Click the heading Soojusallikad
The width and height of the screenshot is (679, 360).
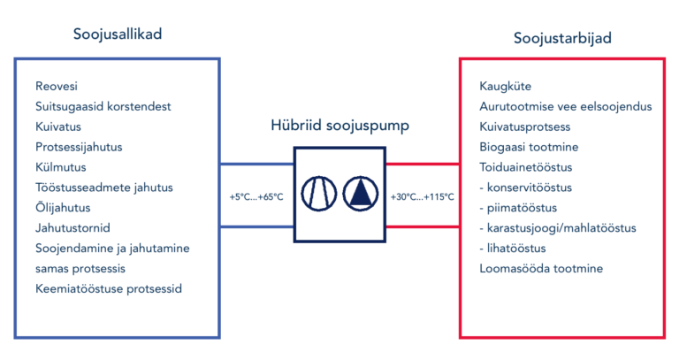point(118,34)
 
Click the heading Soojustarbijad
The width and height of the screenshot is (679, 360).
point(562,38)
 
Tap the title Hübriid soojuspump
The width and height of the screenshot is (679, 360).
point(339,126)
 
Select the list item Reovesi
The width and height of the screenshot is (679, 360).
point(57,86)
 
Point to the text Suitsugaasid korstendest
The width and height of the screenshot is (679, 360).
point(103,106)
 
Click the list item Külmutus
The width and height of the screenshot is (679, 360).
point(61,167)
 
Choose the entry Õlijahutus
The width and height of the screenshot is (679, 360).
point(63,208)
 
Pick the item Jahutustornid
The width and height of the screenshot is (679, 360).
point(72,228)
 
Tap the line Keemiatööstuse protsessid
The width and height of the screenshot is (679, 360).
point(109,289)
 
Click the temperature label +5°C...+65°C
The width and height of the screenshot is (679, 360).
point(256,197)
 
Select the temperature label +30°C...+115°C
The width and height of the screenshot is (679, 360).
point(423,197)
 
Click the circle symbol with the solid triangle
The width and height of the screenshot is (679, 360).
point(361,194)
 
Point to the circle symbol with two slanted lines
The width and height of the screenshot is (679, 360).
point(318,194)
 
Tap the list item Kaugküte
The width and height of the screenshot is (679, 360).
point(506,86)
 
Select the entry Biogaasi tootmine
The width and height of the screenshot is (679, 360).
point(529,148)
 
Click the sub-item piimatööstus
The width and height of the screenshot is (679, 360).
point(518,208)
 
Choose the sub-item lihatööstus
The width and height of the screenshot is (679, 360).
point(513,249)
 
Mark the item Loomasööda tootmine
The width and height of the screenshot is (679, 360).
point(541,269)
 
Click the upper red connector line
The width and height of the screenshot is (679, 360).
point(423,165)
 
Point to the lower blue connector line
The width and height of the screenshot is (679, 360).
point(257,226)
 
